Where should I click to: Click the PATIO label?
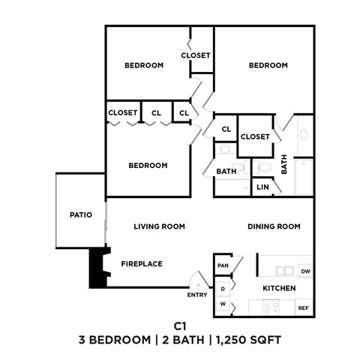coord(80,215)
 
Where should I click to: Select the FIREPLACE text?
coord(142,263)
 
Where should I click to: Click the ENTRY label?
coord(197,295)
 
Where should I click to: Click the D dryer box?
coord(223,289)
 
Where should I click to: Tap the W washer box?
coord(223,304)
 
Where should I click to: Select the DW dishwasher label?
coord(304,271)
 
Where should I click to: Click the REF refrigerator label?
coord(304,307)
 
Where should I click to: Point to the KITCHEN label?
coord(278,289)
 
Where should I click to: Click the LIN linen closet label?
coord(262,187)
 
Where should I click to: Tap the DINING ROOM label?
coord(274,226)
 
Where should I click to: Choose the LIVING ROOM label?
coord(159,226)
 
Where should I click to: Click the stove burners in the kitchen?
coord(269,306)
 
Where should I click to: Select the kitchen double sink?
coord(284,271)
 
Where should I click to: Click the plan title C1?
coord(179,326)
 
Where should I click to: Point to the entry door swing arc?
coord(196,280)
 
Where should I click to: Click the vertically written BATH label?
coord(284,164)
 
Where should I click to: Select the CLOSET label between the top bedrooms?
coord(196,55)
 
